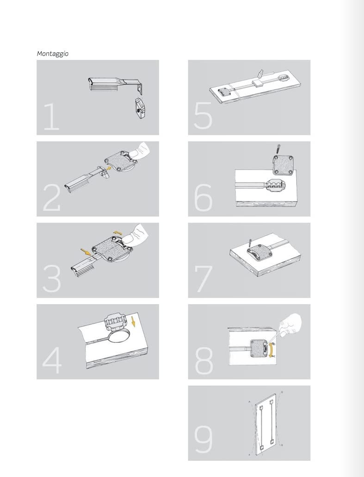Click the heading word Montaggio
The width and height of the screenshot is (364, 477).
pyautogui.click(x=53, y=54)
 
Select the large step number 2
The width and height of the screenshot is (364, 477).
pyautogui.click(x=51, y=198)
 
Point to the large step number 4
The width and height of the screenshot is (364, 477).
pyautogui.click(x=51, y=361)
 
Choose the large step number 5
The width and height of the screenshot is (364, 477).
pyautogui.click(x=203, y=117)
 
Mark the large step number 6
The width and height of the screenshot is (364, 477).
pyautogui.click(x=203, y=198)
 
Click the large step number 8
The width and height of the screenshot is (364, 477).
pyautogui.click(x=204, y=361)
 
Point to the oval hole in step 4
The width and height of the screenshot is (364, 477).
pyautogui.click(x=121, y=335)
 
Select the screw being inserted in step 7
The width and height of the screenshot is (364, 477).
pyautogui.click(x=250, y=242)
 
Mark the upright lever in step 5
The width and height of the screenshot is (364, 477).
pyautogui.click(x=261, y=74)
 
